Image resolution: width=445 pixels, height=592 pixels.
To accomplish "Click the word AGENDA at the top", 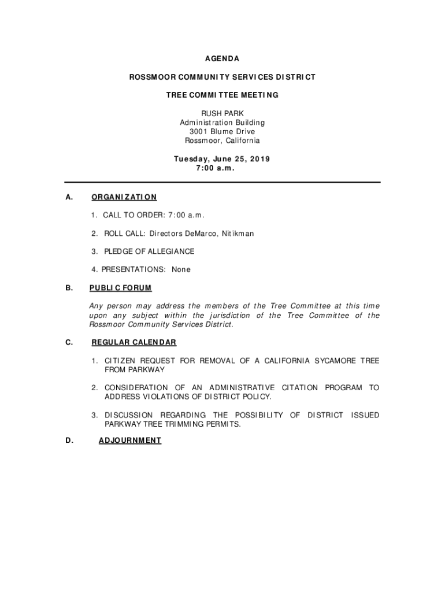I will coord(222,59).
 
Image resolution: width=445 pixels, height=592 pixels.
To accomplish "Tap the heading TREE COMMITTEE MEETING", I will coord(222,95).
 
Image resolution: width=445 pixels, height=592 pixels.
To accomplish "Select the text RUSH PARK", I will coord(222,113).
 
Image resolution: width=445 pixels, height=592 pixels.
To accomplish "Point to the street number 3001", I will coord(199,131).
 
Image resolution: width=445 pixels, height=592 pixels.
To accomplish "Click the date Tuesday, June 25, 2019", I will coord(222,159).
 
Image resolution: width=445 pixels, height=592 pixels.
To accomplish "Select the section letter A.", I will coord(69,197).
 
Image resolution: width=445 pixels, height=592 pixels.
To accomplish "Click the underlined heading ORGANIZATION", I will coord(124,197).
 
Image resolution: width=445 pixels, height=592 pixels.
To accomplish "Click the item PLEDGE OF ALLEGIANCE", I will coord(149,251).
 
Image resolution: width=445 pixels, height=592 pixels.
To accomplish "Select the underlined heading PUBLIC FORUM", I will coord(120,288).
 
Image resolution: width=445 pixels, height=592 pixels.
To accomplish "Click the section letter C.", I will coord(69,342).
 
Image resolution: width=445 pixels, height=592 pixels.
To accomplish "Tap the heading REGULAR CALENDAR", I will coord(133,342).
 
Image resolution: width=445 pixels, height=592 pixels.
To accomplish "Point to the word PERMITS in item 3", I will coord(222,424).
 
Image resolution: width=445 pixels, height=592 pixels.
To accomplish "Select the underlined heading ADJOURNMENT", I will coord(130,441).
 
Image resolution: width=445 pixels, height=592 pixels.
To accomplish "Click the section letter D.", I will coord(69,441).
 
